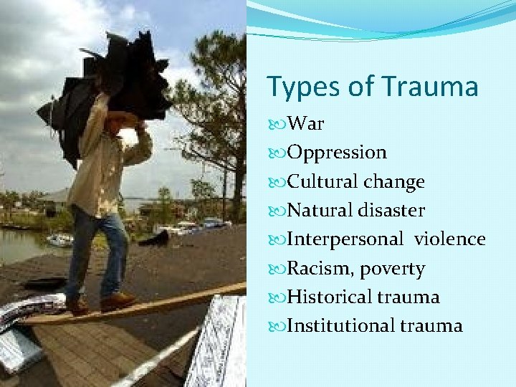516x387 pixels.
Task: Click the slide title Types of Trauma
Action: coord(372,87)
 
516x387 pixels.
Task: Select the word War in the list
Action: coord(305,124)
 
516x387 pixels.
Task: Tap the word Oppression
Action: coord(337,153)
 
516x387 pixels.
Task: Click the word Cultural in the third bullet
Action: coord(322,181)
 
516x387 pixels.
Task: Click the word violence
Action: coord(449,239)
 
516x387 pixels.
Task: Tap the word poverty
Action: coord(392,269)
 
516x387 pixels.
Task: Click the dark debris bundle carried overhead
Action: coord(107,86)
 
